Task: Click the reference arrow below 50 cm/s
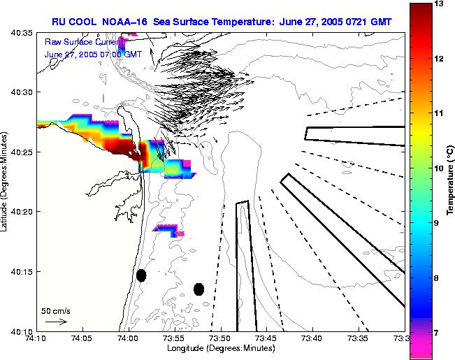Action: point(55,322)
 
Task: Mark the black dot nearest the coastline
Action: point(141,275)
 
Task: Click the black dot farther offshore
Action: point(198,289)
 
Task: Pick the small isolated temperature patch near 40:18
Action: point(168,229)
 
